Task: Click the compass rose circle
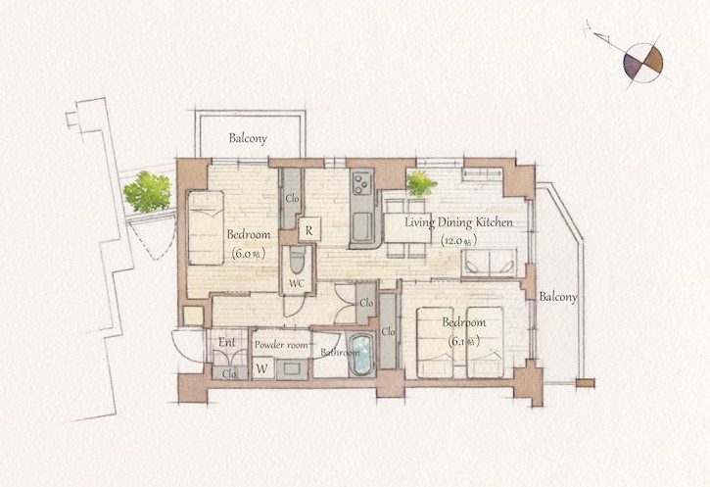643,63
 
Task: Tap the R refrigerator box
309,229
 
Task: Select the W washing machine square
262,368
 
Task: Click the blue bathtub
361,355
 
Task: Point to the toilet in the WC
297,260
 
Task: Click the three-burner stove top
361,183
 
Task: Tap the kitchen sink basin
361,227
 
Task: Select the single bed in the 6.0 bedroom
206,228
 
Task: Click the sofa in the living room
489,263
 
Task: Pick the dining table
407,228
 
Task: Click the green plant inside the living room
421,183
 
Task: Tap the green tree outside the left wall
148,192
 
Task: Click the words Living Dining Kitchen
458,222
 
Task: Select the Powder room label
281,345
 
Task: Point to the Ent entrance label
227,342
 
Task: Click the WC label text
296,284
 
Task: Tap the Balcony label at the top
248,138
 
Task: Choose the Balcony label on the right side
558,297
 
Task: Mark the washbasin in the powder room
291,368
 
